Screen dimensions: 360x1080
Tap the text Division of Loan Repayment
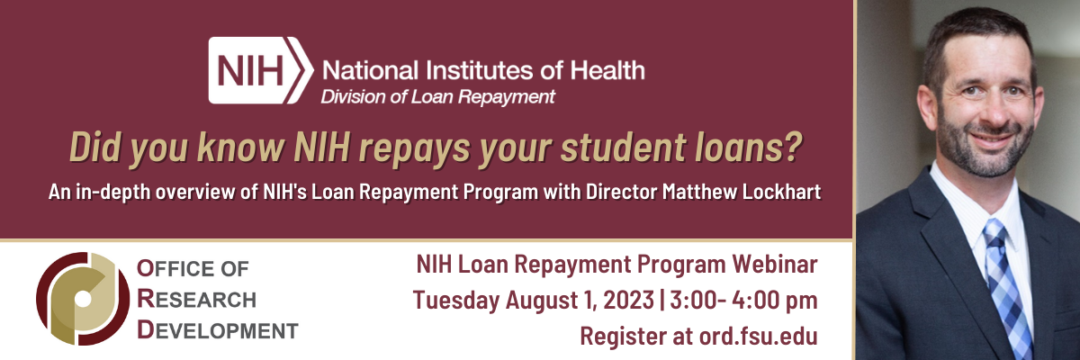[438, 95]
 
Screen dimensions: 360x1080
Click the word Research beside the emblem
[196, 299]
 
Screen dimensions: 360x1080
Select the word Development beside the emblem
[217, 330]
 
